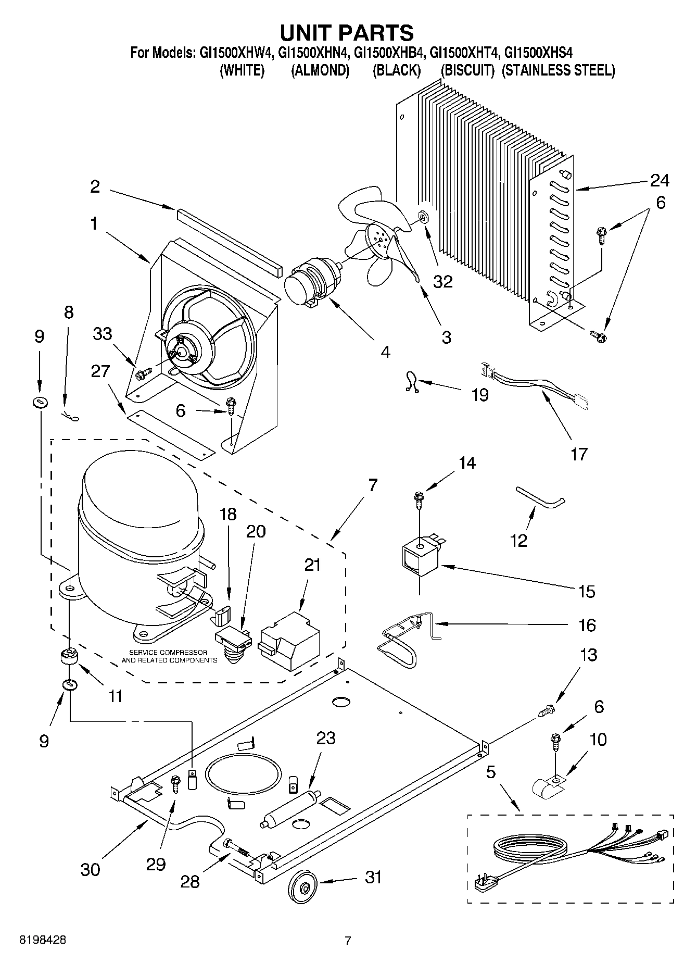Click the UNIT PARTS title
point(347,32)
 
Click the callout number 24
point(659,180)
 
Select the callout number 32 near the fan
point(442,281)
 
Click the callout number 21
point(312,565)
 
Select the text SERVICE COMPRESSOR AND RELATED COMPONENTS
point(169,656)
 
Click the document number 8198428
point(43,940)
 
